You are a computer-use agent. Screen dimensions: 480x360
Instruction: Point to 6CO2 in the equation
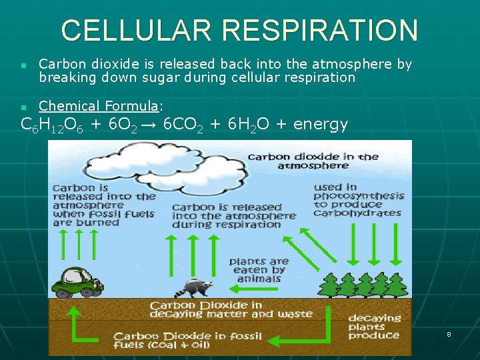(x=183, y=125)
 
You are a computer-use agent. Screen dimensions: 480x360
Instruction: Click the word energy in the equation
(x=321, y=125)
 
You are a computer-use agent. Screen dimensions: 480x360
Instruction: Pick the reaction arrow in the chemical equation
(x=151, y=125)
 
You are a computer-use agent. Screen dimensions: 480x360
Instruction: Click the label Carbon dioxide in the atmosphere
(x=313, y=161)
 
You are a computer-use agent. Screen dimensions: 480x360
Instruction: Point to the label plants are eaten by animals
(x=259, y=270)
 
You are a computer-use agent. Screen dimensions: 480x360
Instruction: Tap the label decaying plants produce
(x=374, y=327)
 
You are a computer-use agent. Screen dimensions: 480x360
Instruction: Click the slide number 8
(x=449, y=333)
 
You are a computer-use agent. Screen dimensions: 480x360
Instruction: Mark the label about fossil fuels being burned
(x=103, y=205)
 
